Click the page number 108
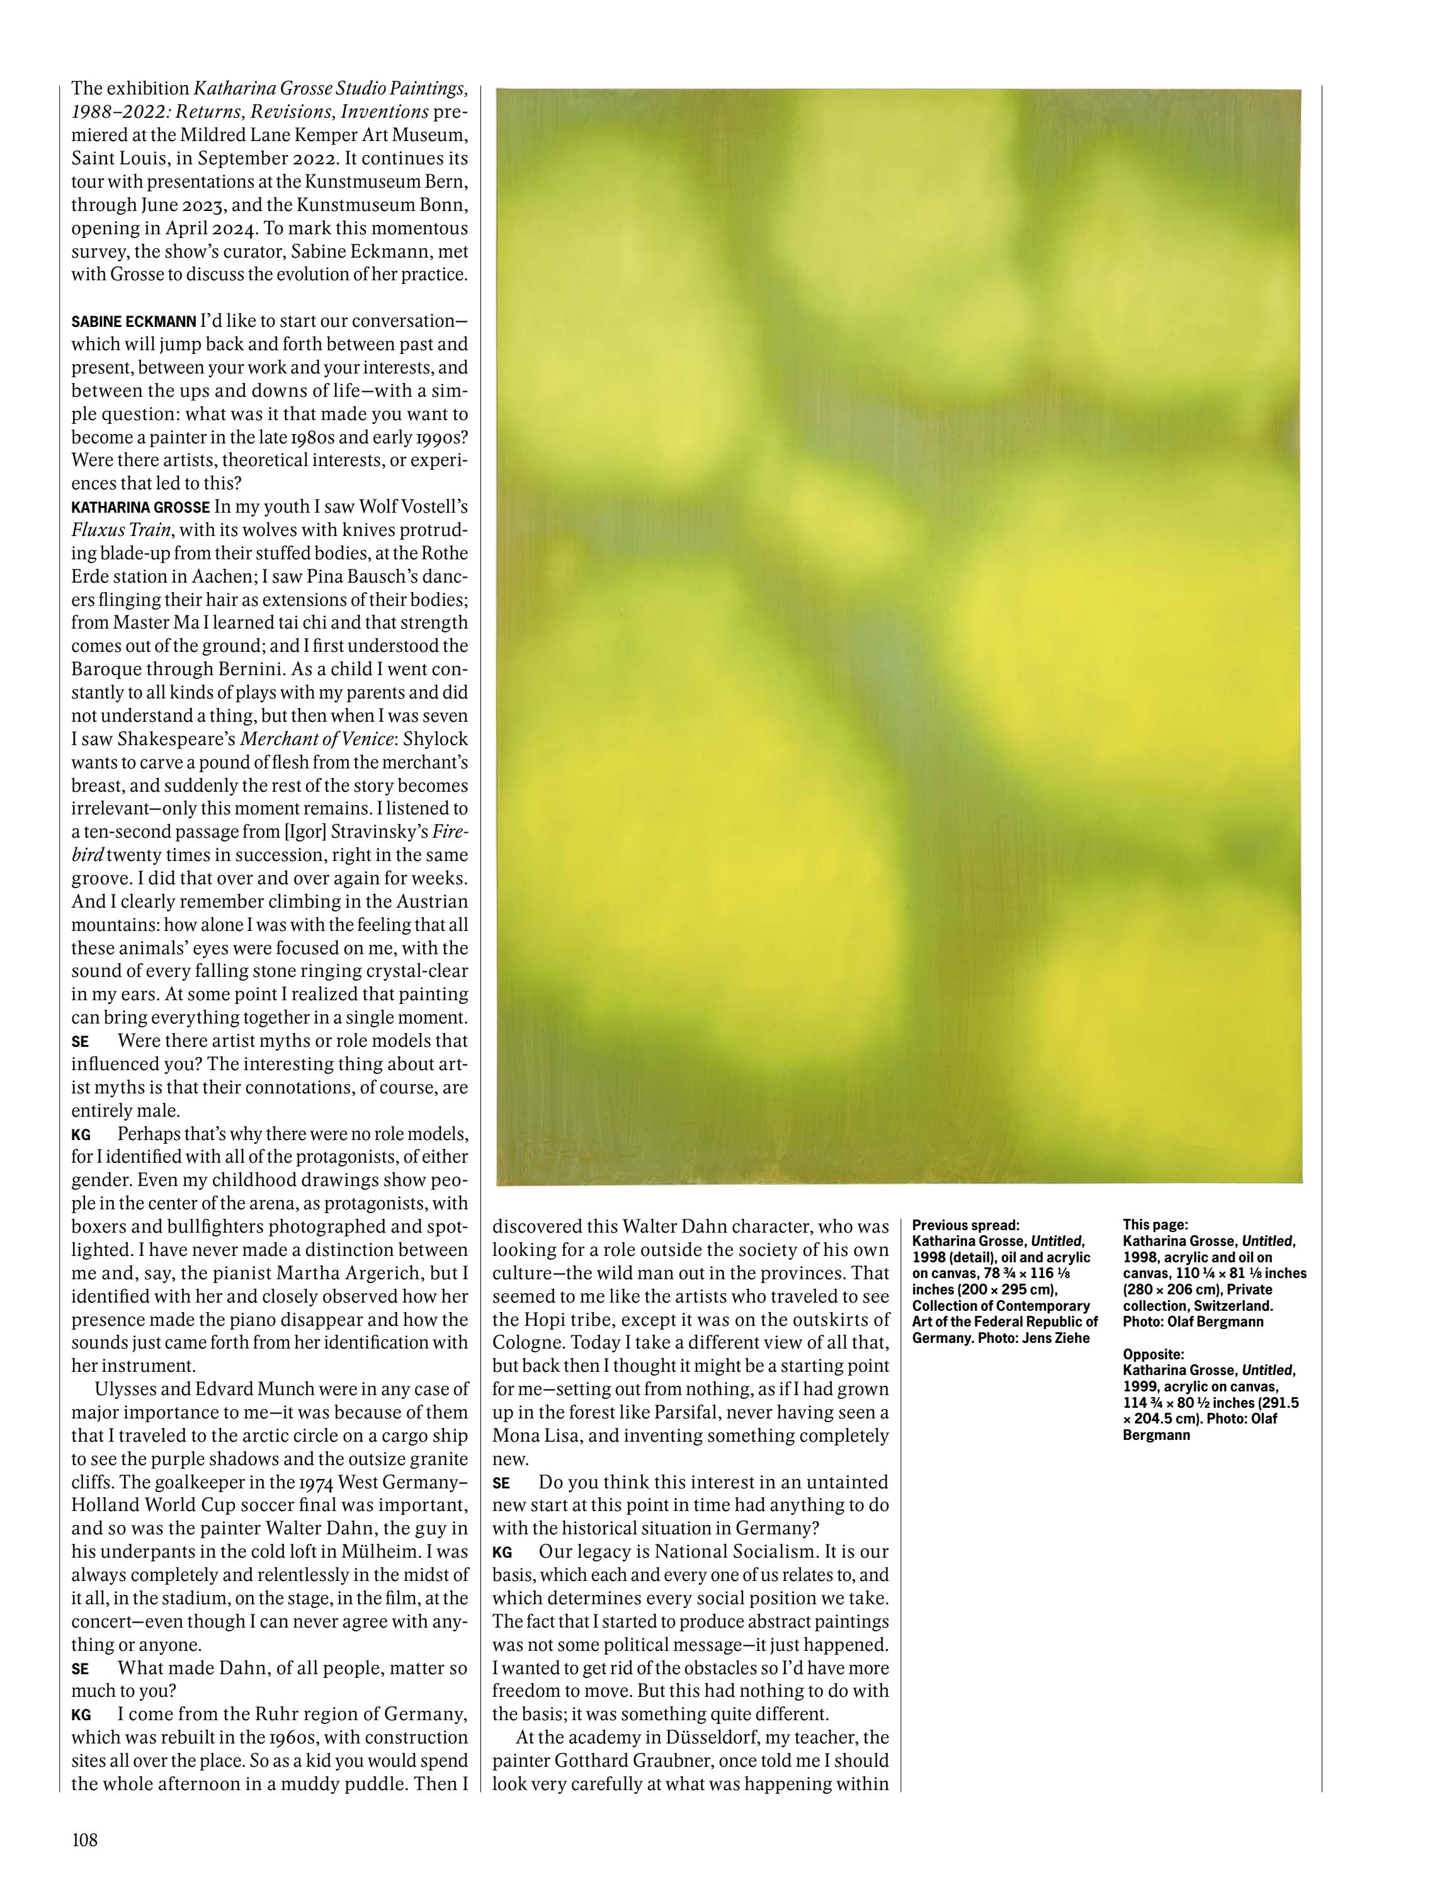click(84, 1839)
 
